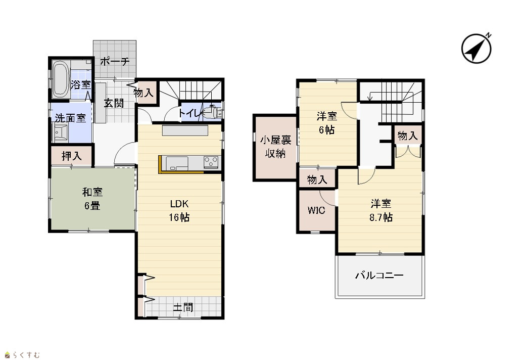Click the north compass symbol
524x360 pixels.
(476, 48)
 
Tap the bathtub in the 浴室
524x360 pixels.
(61, 79)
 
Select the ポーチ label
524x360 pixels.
(115, 62)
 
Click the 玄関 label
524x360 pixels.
(114, 103)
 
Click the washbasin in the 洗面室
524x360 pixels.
(61, 132)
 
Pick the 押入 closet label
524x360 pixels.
(72, 156)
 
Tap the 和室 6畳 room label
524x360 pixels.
(92, 199)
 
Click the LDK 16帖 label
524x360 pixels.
(179, 210)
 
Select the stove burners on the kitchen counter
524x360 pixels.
(211, 162)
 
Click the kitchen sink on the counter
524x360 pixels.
(177, 163)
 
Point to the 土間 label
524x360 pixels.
(183, 307)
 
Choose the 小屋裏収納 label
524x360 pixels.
(276, 147)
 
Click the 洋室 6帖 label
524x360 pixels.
(327, 123)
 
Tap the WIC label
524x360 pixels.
(316, 210)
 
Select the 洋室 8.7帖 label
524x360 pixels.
(381, 210)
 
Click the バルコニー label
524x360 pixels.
(379, 276)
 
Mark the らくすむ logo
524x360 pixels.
(23, 354)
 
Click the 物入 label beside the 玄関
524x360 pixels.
(144, 93)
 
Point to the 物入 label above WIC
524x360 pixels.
(317, 179)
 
